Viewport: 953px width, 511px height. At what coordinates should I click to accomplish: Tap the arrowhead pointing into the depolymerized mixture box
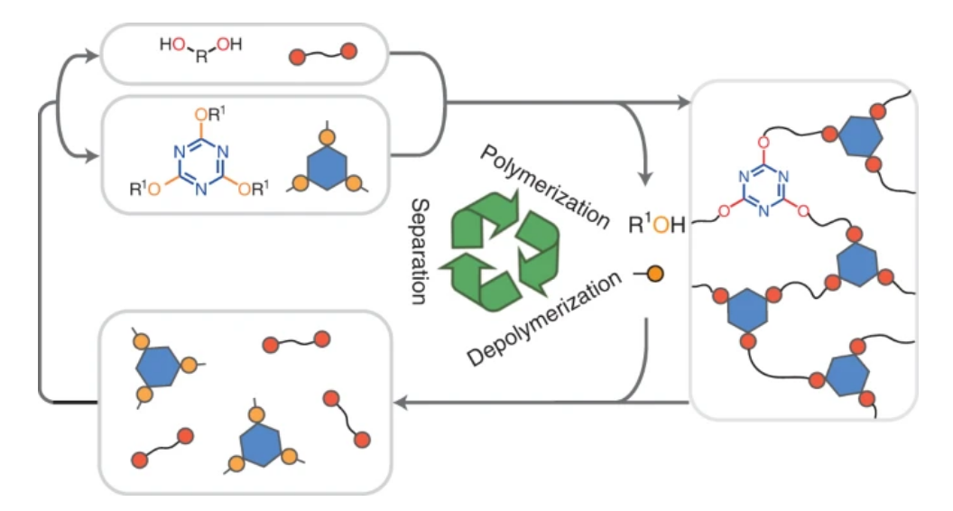click(x=398, y=400)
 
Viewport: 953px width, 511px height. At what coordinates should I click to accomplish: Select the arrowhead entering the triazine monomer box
click(x=94, y=159)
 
